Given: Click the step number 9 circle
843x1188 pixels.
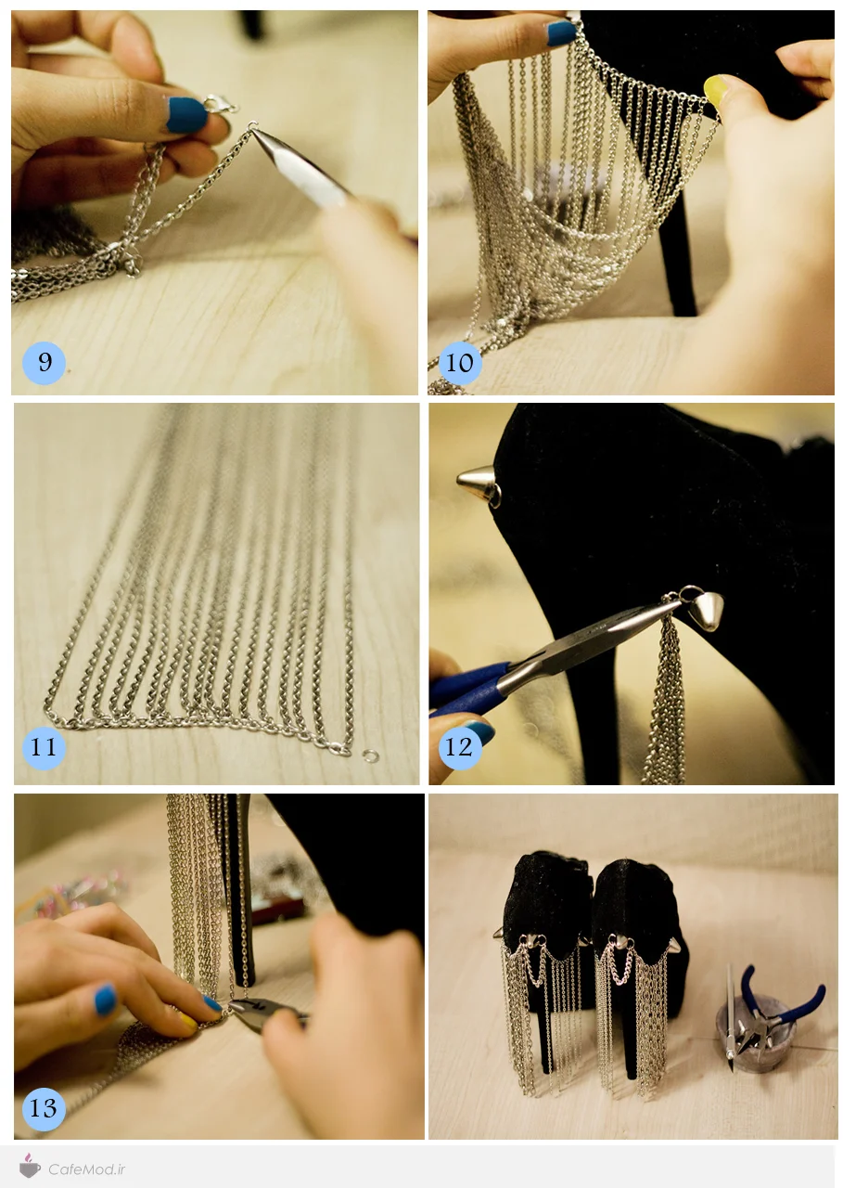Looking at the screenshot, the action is tap(44, 363).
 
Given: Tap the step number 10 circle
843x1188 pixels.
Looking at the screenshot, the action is tap(460, 363).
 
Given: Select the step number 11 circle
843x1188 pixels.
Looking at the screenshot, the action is tap(44, 747).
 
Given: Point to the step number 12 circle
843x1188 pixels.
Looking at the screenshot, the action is tap(460, 747).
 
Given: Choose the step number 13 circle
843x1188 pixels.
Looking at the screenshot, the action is tap(44, 1108).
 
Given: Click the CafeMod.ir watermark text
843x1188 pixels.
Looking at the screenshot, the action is tap(87, 1169).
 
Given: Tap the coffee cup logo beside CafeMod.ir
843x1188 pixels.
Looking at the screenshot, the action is tap(30, 1167).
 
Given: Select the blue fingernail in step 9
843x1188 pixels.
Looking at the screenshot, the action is tap(185, 114).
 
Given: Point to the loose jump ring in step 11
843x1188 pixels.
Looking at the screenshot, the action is tap(371, 755).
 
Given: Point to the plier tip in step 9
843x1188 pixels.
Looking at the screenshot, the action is tap(252, 129).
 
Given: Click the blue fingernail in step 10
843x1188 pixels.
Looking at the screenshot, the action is tap(561, 32).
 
